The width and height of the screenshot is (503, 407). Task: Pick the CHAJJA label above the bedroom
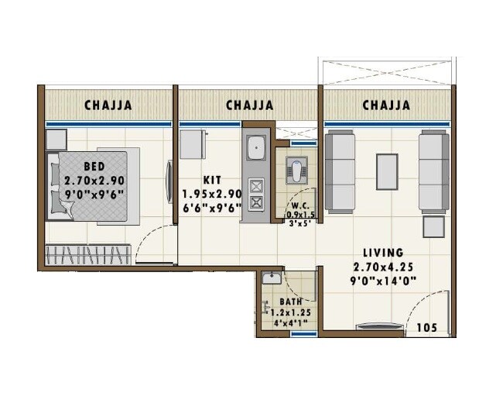tap(108, 105)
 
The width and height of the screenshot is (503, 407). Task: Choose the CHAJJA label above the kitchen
tap(249, 105)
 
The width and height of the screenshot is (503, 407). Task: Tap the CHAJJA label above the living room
tap(386, 105)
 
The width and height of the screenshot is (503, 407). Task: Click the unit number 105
tap(426, 328)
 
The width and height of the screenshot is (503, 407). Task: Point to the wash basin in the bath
tap(271, 279)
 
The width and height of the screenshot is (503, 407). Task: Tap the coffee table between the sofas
tap(386, 171)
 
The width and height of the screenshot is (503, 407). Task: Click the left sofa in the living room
tap(340, 171)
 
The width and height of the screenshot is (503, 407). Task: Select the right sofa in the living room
tap(433, 171)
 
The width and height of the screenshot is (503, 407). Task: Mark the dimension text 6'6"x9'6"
tap(212, 207)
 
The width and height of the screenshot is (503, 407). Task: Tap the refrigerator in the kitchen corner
tap(192, 144)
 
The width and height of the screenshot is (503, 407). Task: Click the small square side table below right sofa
tap(433, 227)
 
